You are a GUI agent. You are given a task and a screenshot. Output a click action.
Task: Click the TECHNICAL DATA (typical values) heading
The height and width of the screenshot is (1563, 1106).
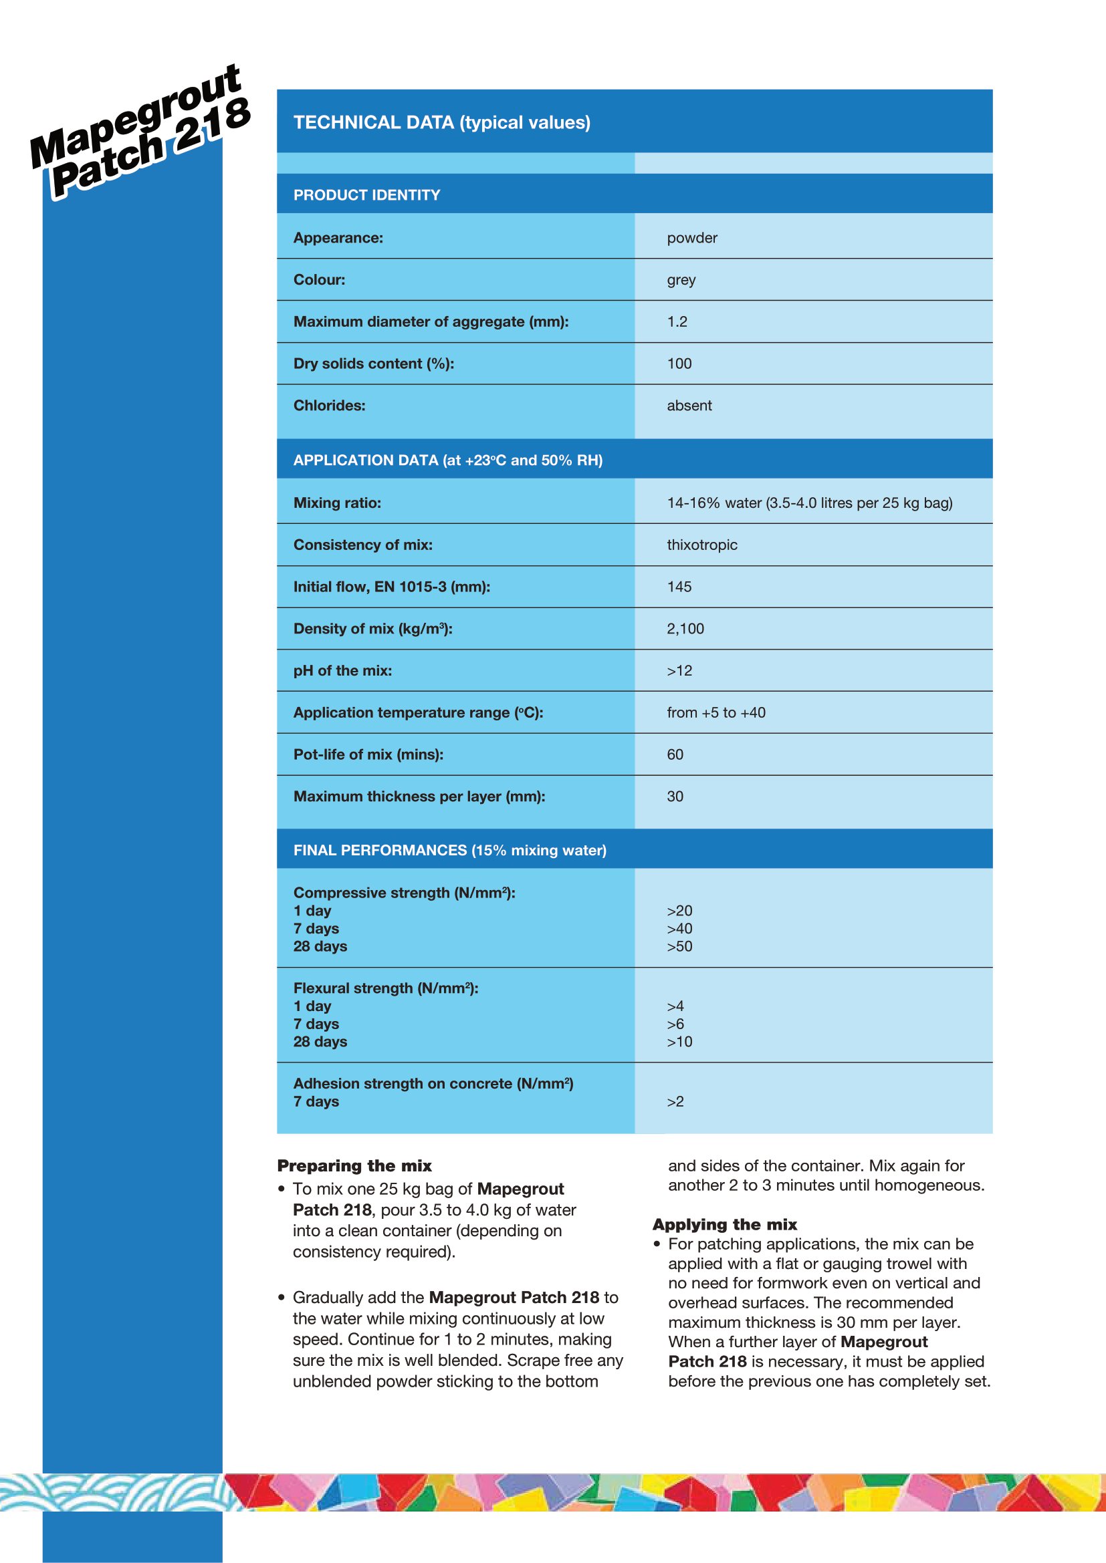tap(441, 122)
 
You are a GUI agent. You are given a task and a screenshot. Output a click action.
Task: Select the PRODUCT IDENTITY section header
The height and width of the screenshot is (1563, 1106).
tap(366, 195)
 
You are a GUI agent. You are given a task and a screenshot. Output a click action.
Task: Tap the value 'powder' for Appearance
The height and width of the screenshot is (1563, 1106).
tap(692, 239)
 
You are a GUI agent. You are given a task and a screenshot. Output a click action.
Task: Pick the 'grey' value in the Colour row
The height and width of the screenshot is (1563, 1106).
tap(681, 280)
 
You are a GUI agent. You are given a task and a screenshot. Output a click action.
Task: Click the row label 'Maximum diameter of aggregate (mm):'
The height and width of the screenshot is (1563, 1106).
tap(431, 322)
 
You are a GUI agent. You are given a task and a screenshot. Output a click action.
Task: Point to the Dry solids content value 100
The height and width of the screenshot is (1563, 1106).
tap(679, 364)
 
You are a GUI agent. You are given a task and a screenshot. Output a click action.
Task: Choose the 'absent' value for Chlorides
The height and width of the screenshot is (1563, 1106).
tap(689, 406)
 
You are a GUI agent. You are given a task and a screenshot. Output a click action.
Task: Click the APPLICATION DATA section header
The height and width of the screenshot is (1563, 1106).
tap(447, 460)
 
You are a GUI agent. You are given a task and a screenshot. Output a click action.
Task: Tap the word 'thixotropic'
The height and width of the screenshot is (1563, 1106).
tap(701, 545)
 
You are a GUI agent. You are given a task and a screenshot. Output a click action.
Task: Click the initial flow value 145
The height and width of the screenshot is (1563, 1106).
tap(679, 587)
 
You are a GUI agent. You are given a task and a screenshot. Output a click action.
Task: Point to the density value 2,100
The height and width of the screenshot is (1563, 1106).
tap(685, 629)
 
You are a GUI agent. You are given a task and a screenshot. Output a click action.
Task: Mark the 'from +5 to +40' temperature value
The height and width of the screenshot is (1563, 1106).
tap(715, 713)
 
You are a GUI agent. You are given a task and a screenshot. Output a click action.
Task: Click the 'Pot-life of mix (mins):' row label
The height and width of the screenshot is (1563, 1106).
tap(368, 755)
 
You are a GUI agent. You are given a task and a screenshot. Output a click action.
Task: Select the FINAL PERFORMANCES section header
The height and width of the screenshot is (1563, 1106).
tap(449, 850)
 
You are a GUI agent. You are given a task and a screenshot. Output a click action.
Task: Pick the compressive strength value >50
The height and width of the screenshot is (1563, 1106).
tap(679, 946)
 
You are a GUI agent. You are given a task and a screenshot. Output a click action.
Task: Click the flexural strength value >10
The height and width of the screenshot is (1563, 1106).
tap(679, 1042)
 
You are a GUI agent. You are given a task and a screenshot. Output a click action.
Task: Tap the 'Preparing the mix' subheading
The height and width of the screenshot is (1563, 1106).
tap(354, 1166)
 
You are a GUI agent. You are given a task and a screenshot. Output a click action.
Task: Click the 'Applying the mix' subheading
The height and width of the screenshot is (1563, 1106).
tap(725, 1225)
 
